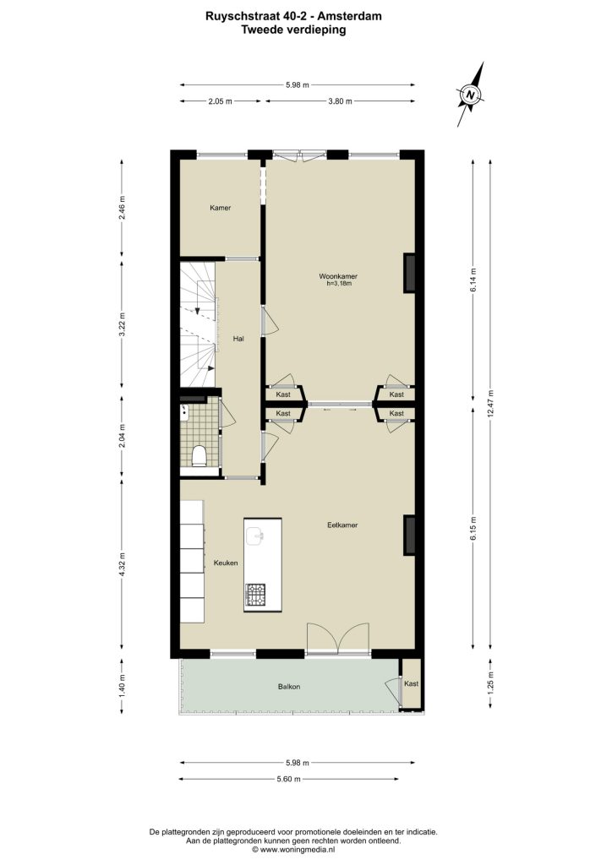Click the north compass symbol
coord(470,95)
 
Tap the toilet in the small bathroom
coord(199,456)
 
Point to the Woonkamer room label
coord(338,276)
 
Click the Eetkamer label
coord(342,525)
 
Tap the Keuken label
coord(226,563)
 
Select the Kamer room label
coord(220,208)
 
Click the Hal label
coord(238,339)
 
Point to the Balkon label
coord(289,687)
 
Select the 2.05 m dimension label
coord(220,101)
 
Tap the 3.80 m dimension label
coord(340,101)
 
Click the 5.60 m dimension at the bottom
coord(288,779)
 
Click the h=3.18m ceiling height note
coord(339,284)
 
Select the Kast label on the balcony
coord(411,683)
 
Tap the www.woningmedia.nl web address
coord(297,850)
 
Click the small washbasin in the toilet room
coord(185,411)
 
